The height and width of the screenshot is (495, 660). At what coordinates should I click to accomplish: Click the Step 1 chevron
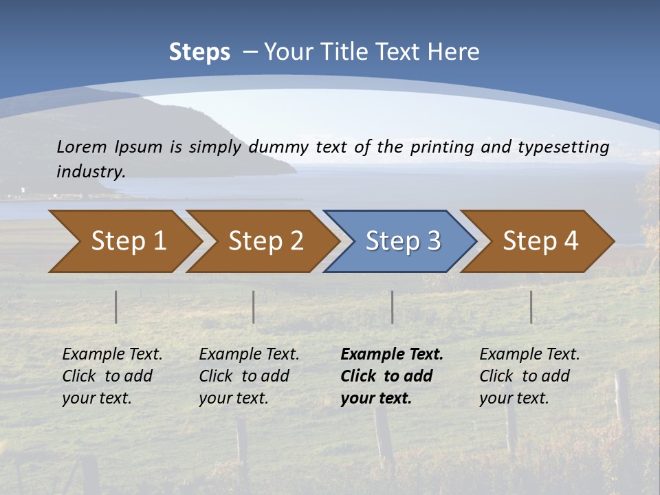[128, 241]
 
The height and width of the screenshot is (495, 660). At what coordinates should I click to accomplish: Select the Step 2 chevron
[265, 241]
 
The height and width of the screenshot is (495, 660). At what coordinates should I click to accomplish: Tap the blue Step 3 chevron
[403, 241]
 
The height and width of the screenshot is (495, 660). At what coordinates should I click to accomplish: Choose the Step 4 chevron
[540, 241]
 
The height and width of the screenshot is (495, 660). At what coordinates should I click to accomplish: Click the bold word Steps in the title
[199, 52]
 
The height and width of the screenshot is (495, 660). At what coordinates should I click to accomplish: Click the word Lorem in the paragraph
[82, 146]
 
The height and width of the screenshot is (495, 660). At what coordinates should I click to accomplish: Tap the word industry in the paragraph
[90, 171]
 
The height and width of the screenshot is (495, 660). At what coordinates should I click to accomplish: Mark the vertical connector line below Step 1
[116, 307]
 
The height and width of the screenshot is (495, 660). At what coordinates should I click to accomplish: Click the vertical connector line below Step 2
[254, 307]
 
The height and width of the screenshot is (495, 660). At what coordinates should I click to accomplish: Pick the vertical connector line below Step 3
[392, 307]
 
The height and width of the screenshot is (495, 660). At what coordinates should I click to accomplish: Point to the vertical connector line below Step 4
[531, 307]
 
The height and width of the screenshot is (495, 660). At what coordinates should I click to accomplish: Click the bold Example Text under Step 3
[392, 354]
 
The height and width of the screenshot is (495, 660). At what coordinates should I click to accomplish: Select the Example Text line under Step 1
[112, 354]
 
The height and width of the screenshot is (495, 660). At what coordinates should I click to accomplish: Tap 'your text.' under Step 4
[514, 398]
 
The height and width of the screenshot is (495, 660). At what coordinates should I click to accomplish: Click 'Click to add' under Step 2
[244, 376]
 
